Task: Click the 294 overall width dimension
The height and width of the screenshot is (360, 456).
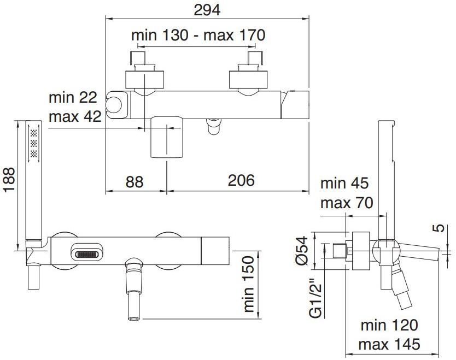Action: point(207,9)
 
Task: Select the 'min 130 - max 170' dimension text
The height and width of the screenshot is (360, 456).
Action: point(198,35)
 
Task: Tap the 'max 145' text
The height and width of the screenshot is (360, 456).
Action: point(389,345)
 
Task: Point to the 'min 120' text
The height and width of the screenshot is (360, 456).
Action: point(389,326)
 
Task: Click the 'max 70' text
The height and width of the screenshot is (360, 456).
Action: point(346,203)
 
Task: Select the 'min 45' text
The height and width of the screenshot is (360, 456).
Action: point(344,184)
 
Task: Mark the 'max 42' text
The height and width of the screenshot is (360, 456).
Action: point(74,116)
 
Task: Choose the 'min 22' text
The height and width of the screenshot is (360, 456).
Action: point(73,98)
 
